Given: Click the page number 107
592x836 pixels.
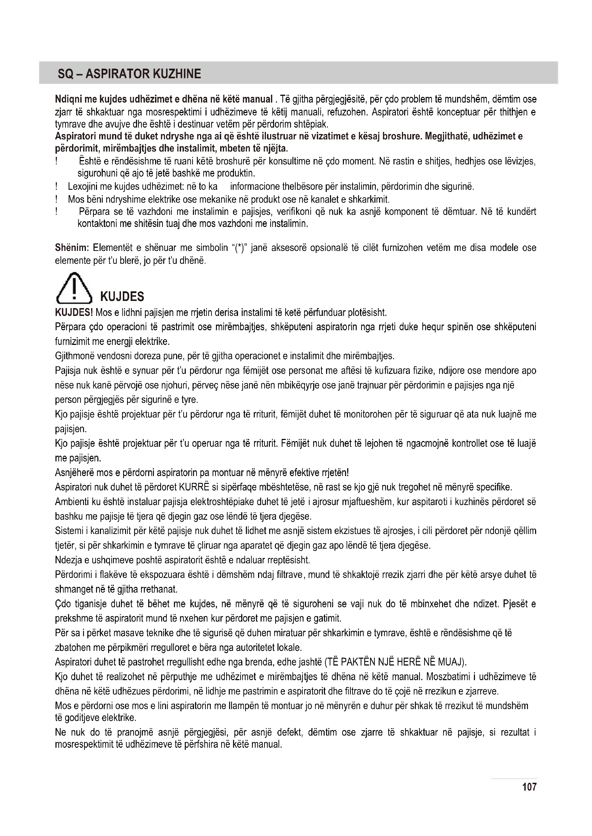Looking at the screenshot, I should tap(529, 787).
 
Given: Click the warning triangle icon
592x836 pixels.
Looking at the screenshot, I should tap(74, 288).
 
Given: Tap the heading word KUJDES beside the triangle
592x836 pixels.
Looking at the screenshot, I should tap(122, 297).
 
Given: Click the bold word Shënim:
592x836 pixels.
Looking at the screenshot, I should tap(72, 248).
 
